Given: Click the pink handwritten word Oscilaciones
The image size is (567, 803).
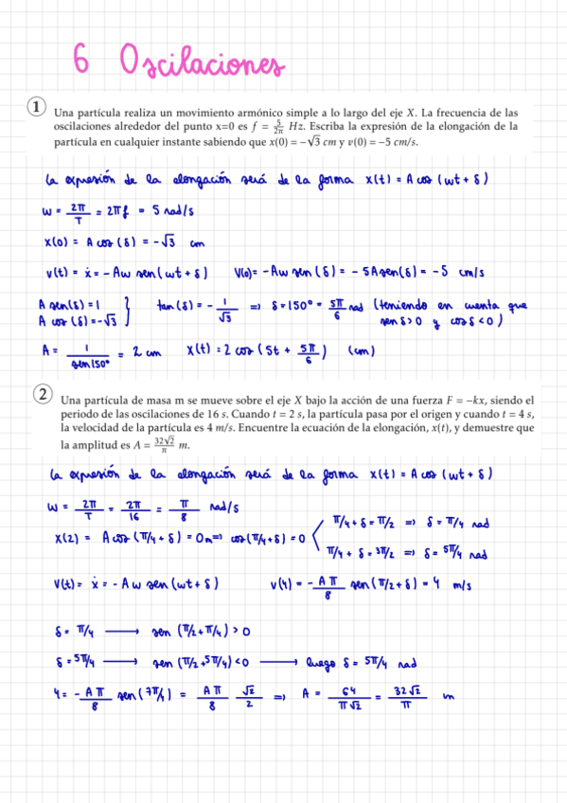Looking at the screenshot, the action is [x=202, y=63].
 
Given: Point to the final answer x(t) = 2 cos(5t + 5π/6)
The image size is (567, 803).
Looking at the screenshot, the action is [x=256, y=352].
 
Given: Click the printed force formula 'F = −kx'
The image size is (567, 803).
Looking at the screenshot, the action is [x=448, y=401].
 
